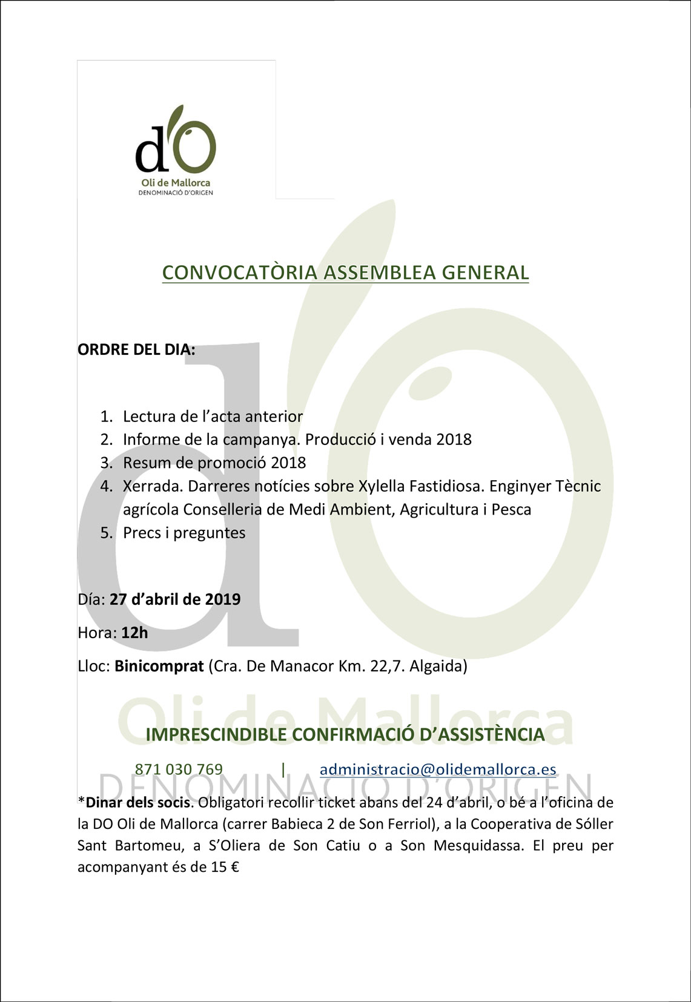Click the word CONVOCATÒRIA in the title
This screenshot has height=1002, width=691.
(239, 272)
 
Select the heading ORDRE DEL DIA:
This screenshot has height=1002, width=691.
(136, 349)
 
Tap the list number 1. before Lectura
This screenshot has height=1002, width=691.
(107, 417)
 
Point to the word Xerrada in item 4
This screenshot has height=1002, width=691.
(152, 486)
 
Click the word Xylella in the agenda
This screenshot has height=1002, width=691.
(382, 486)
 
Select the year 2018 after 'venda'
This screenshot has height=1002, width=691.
(454, 440)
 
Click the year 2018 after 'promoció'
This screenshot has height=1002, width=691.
(288, 463)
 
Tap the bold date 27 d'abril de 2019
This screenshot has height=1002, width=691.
(175, 599)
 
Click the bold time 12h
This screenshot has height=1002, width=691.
(134, 633)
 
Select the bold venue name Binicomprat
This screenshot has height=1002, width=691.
(159, 667)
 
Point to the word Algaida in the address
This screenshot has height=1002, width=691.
(438, 667)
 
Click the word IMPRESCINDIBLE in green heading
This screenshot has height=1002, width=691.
(216, 735)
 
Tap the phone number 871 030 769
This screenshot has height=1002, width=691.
(179, 770)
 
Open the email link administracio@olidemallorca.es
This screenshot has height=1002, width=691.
(438, 770)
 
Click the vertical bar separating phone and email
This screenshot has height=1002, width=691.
(283, 769)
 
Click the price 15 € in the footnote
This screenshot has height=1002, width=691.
(225, 867)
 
